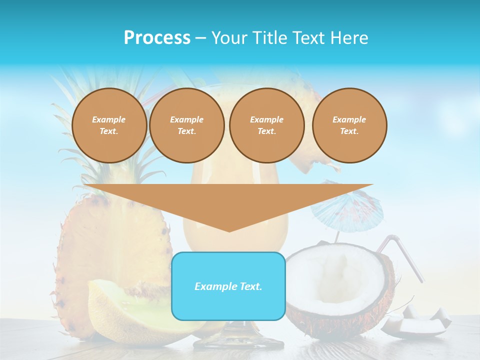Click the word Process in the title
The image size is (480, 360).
click(157, 38)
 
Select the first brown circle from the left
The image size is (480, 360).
click(109, 125)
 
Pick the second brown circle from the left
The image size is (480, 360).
click(186, 125)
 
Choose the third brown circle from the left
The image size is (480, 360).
click(266, 125)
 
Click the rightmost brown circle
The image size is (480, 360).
click(349, 125)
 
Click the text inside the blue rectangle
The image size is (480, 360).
click(228, 286)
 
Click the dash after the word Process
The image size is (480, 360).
click(201, 38)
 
